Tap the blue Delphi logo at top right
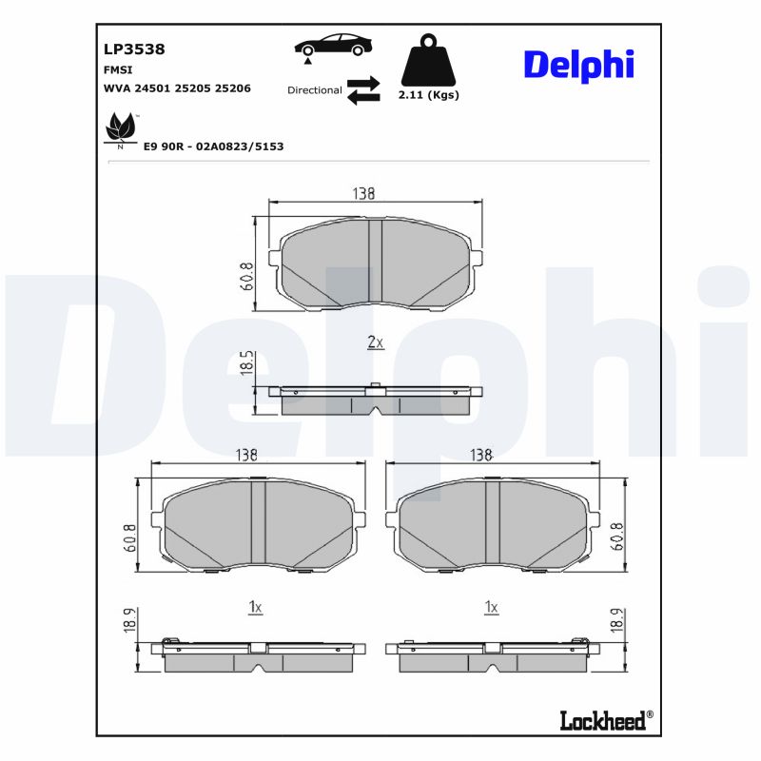coord(577,65)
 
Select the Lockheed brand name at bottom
coord(602,721)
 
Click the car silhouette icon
coord(332,45)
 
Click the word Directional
coord(314,90)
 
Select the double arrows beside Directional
coord(362,90)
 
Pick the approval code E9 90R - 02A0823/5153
coord(213,146)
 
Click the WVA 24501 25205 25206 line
coord(176,88)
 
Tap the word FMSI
coord(117,69)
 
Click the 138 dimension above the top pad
coord(363,193)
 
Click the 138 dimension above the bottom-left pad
coord(246,456)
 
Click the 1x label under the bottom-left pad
coord(255,606)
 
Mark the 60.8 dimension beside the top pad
coord(245,275)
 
